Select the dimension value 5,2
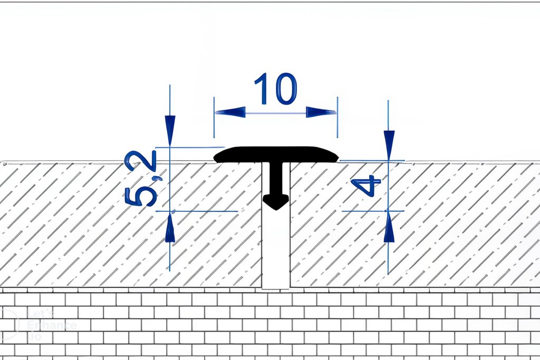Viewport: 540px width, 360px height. click(141, 178)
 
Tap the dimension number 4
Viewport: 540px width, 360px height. click(365, 186)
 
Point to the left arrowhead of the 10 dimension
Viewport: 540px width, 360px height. click(230, 112)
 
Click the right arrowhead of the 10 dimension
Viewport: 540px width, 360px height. click(321, 112)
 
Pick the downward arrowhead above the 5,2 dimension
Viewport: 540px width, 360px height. click(170, 130)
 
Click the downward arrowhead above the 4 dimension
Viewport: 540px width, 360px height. click(389, 143)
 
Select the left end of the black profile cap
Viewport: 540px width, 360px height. click(218, 156)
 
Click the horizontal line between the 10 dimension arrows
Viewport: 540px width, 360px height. click(275, 113)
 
